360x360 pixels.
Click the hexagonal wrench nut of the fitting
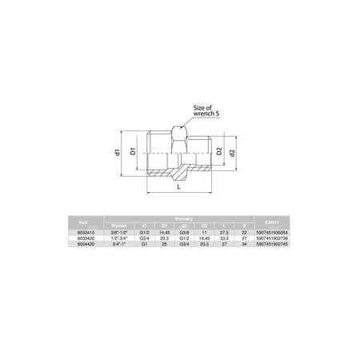(182, 152)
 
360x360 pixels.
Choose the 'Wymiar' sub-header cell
(119, 225)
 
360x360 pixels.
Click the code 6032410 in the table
(83, 231)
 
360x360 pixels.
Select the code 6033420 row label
(83, 238)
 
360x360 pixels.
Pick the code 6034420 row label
(83, 243)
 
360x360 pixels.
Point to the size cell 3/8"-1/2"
(119, 231)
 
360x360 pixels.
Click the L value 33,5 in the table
(226, 238)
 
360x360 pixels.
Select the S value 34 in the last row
(244, 243)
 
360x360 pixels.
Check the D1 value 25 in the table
(164, 243)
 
